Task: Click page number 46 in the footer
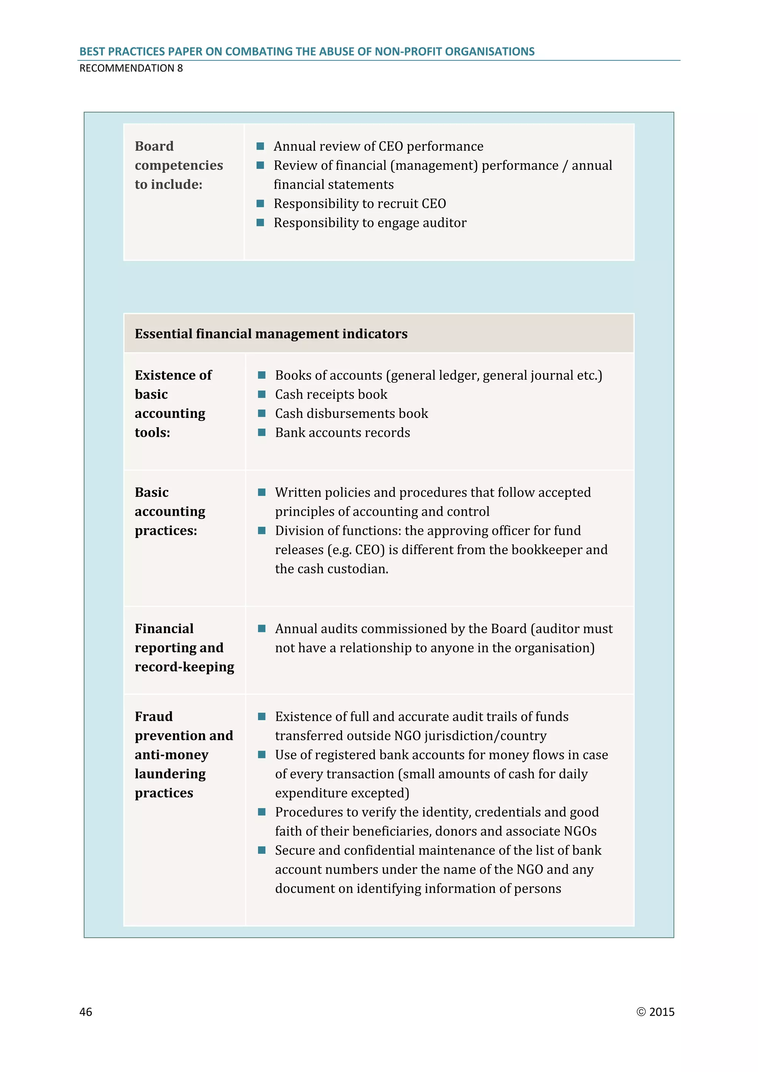[x=86, y=1012]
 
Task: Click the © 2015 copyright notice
[x=655, y=1012]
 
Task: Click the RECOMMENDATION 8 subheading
[x=131, y=68]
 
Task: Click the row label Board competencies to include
[x=179, y=165]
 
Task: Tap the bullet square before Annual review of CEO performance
[x=261, y=146]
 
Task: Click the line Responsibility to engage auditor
[x=370, y=223]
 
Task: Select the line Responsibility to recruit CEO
[x=359, y=204]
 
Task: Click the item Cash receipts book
[x=331, y=395]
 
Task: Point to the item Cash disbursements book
[x=352, y=414]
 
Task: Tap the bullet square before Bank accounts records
[x=262, y=432]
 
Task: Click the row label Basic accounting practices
[x=170, y=511]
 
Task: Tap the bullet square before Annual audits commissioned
[x=262, y=629]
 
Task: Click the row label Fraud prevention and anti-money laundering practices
[x=184, y=754]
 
